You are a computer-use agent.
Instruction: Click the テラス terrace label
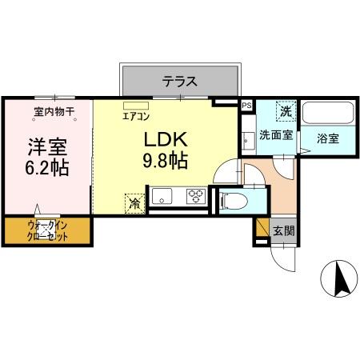[180, 81]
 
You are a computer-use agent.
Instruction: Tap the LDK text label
[165, 138]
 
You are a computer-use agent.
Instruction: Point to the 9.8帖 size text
[166, 160]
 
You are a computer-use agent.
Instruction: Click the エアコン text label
[135, 114]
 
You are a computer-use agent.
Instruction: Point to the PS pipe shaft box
[246, 104]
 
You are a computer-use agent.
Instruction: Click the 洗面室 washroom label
[274, 137]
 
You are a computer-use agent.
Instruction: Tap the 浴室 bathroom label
[326, 138]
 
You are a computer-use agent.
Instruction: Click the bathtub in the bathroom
[327, 113]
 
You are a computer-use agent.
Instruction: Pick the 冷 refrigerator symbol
[135, 203]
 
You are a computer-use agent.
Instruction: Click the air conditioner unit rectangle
[136, 104]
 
